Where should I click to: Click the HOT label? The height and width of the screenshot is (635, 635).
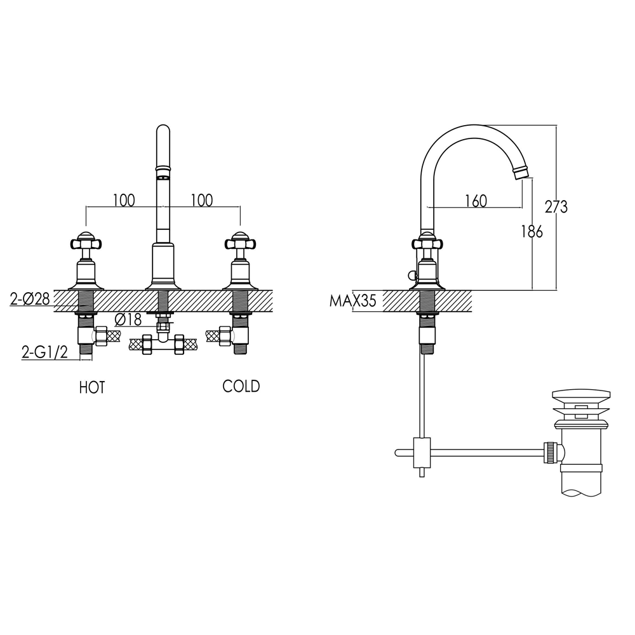pyautogui.click(x=92, y=387)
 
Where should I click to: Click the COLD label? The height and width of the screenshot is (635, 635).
pyautogui.click(x=241, y=386)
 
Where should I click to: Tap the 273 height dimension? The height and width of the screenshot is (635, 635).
pyautogui.click(x=556, y=206)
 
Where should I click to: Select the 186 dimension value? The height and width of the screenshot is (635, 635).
pyautogui.click(x=531, y=232)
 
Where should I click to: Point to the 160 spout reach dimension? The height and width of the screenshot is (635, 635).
pyautogui.click(x=476, y=201)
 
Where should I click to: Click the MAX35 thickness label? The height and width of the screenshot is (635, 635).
pyautogui.click(x=352, y=301)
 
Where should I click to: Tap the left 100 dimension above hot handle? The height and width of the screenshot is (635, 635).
pyautogui.click(x=124, y=201)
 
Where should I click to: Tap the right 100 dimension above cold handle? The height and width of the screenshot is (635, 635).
pyautogui.click(x=201, y=201)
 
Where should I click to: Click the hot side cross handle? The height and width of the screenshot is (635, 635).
pyautogui.click(x=86, y=242)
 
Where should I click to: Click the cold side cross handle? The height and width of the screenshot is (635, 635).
pyautogui.click(x=239, y=242)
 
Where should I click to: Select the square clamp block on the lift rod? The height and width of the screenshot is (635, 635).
pyautogui.click(x=422, y=452)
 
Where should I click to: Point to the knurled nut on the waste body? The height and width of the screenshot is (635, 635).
pyautogui.click(x=551, y=452)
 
